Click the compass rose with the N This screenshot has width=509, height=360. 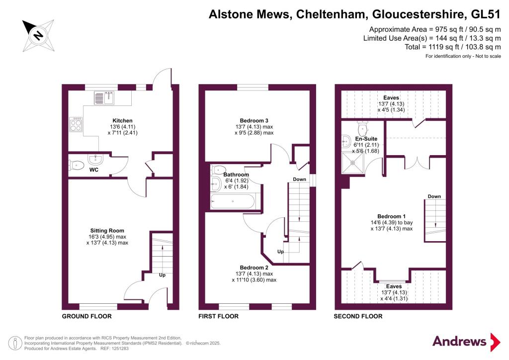[38, 35]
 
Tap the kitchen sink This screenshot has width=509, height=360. [104, 98]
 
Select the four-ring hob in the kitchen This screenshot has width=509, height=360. [76, 124]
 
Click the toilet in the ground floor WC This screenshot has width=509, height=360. [76, 165]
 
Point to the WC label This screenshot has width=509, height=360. [94, 170]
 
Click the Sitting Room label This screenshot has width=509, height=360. [107, 231]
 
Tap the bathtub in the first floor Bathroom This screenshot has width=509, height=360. [233, 201]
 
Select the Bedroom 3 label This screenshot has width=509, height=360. [254, 121]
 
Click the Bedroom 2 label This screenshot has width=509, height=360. [254, 268]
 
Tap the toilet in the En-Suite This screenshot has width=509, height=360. [362, 129]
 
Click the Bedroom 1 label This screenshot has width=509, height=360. [392, 216]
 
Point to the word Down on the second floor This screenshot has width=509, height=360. [434, 196]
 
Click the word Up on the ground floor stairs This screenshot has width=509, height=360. [163, 275]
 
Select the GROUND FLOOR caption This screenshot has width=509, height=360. [86, 316]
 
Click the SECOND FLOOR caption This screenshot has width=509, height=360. [358, 316]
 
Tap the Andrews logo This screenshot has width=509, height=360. [466, 342]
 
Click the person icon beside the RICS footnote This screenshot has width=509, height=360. [14, 343]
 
